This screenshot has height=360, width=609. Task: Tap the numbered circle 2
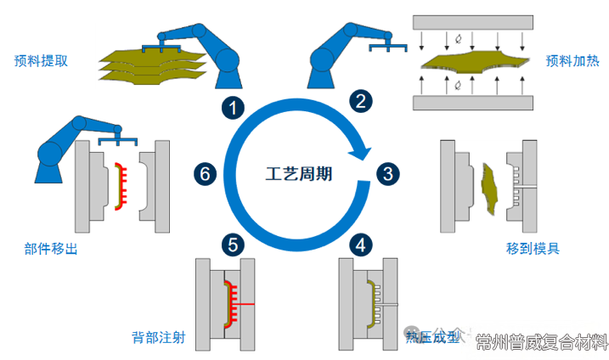(x=361, y=102)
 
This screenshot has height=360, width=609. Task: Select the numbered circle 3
(x=387, y=175)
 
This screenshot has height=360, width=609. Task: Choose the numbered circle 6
(x=204, y=175)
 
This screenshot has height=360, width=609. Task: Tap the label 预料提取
(x=41, y=60)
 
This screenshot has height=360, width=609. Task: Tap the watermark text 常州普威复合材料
(x=542, y=342)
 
